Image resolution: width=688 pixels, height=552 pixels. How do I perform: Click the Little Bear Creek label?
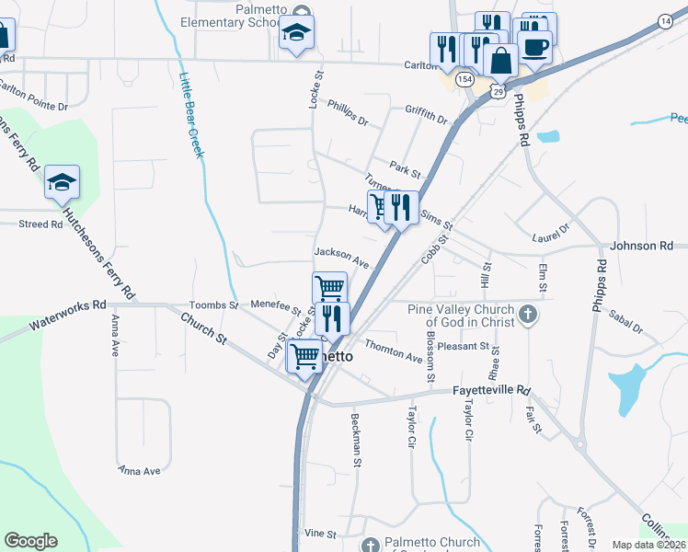[190, 115]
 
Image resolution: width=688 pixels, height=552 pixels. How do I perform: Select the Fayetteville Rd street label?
[492, 390]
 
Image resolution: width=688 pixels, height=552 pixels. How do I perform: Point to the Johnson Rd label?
[642, 246]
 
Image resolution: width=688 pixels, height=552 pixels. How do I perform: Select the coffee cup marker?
[534, 47]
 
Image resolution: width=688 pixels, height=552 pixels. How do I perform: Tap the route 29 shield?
[498, 91]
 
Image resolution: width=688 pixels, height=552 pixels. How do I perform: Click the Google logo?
[30, 541]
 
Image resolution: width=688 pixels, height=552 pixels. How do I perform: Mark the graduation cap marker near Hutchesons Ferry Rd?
[62, 181]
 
